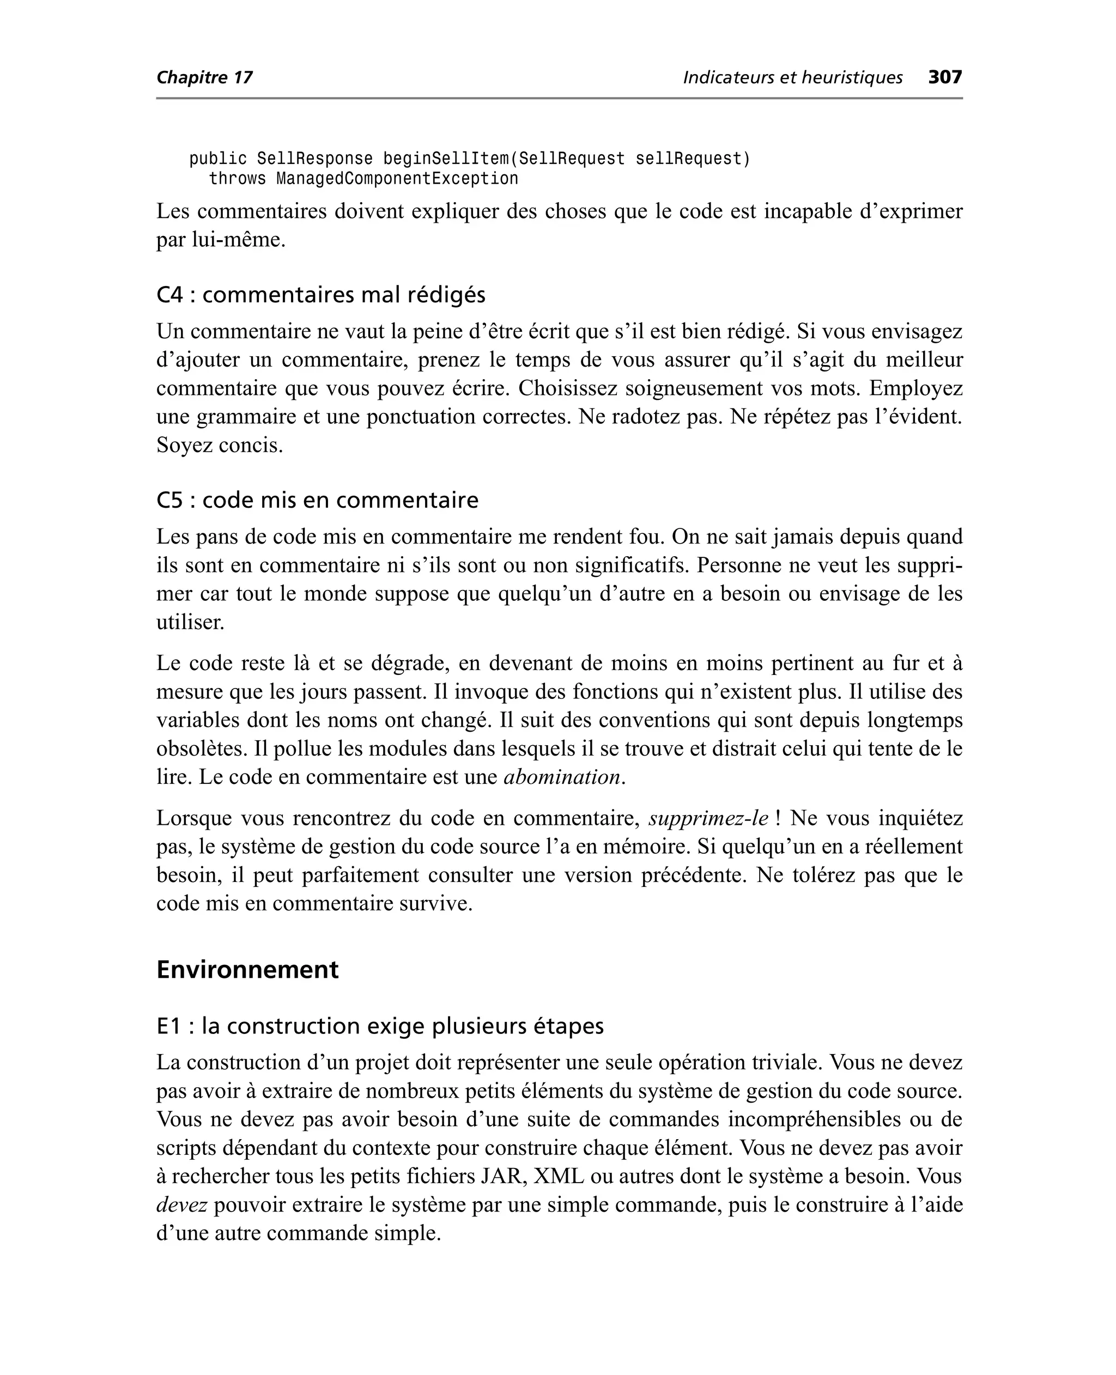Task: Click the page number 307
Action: tap(944, 78)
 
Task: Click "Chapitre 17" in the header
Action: tap(204, 78)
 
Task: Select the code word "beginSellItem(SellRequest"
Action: tap(504, 159)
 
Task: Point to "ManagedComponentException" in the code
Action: tap(397, 179)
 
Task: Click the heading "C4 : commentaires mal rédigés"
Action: tap(321, 295)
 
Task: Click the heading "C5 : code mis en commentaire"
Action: tap(317, 500)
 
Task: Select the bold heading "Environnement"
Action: tap(247, 970)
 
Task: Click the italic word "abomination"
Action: tap(562, 777)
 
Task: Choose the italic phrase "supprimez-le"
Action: tap(708, 819)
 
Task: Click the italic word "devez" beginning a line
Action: tap(181, 1204)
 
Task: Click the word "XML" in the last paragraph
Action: tap(559, 1177)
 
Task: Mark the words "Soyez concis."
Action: tap(219, 445)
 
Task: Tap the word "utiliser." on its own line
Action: tap(190, 623)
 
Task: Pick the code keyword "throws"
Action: tap(237, 179)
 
